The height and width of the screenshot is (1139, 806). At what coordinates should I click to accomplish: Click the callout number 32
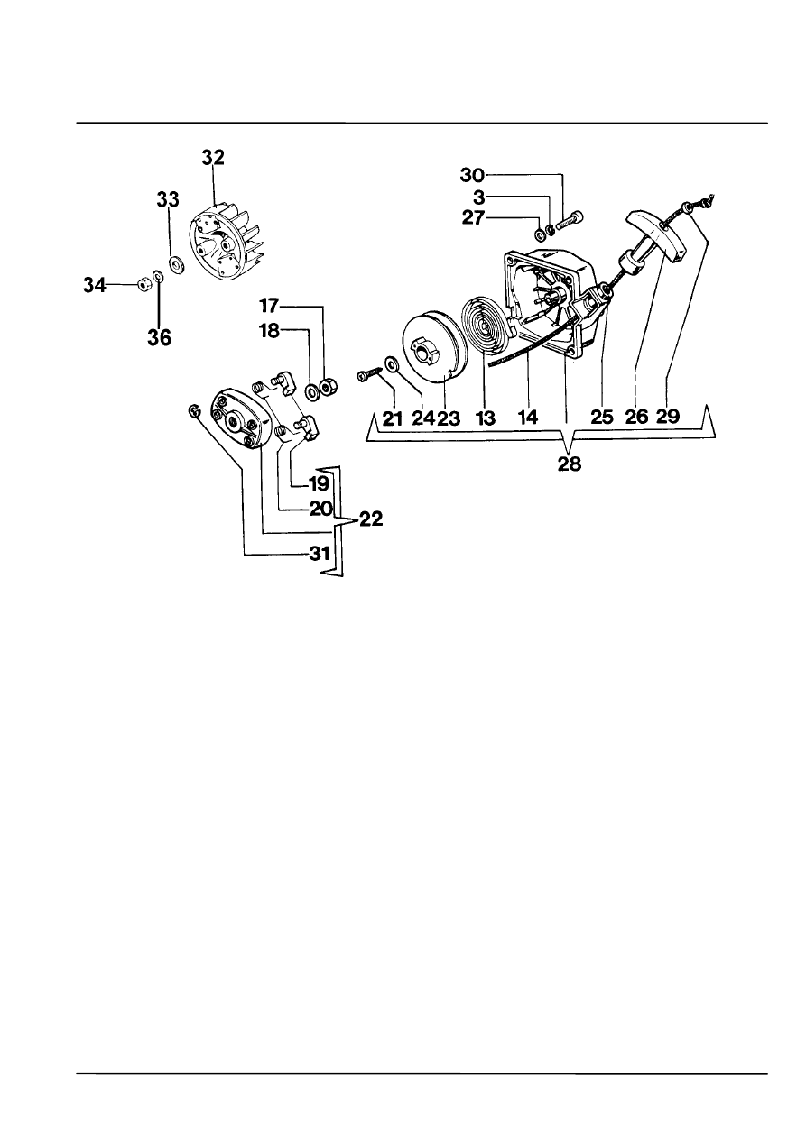coord(213,158)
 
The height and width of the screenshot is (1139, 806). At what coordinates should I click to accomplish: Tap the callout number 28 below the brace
coord(569,464)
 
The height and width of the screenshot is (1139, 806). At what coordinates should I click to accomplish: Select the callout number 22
coord(371,519)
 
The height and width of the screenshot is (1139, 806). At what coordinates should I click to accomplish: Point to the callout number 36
coord(159,338)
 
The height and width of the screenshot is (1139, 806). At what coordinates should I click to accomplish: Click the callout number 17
coord(269,306)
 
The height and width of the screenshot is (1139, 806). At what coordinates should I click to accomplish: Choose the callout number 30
coord(473,176)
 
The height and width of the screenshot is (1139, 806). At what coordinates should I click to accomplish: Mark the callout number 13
coord(485,418)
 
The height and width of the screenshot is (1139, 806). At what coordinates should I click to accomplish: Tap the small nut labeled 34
coord(143,281)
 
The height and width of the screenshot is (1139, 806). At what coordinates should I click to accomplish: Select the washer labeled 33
coord(178,264)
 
